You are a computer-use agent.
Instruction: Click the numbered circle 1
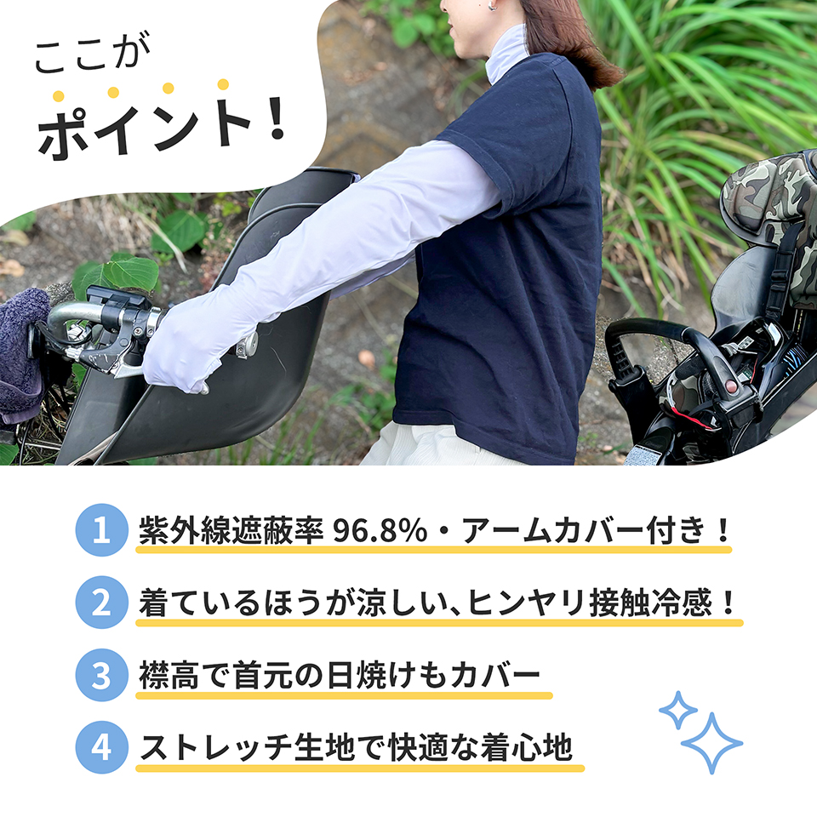point(101,531)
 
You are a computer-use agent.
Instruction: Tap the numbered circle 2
point(101,603)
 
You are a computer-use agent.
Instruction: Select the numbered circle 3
point(101,676)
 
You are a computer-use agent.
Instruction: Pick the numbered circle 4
point(101,747)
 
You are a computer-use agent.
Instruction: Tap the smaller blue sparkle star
point(677,710)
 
